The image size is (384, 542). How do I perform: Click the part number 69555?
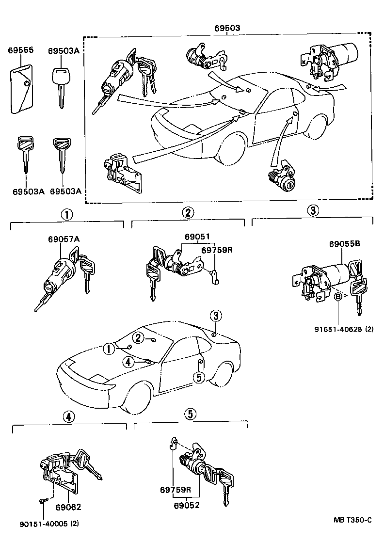click(x=20, y=50)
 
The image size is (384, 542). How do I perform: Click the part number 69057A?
click(x=64, y=239)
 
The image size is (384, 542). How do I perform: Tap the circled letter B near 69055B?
click(x=337, y=295)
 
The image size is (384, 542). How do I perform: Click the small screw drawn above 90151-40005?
click(x=42, y=500)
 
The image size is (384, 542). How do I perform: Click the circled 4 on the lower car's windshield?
click(x=128, y=361)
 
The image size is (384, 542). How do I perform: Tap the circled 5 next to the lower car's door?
click(x=198, y=377)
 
